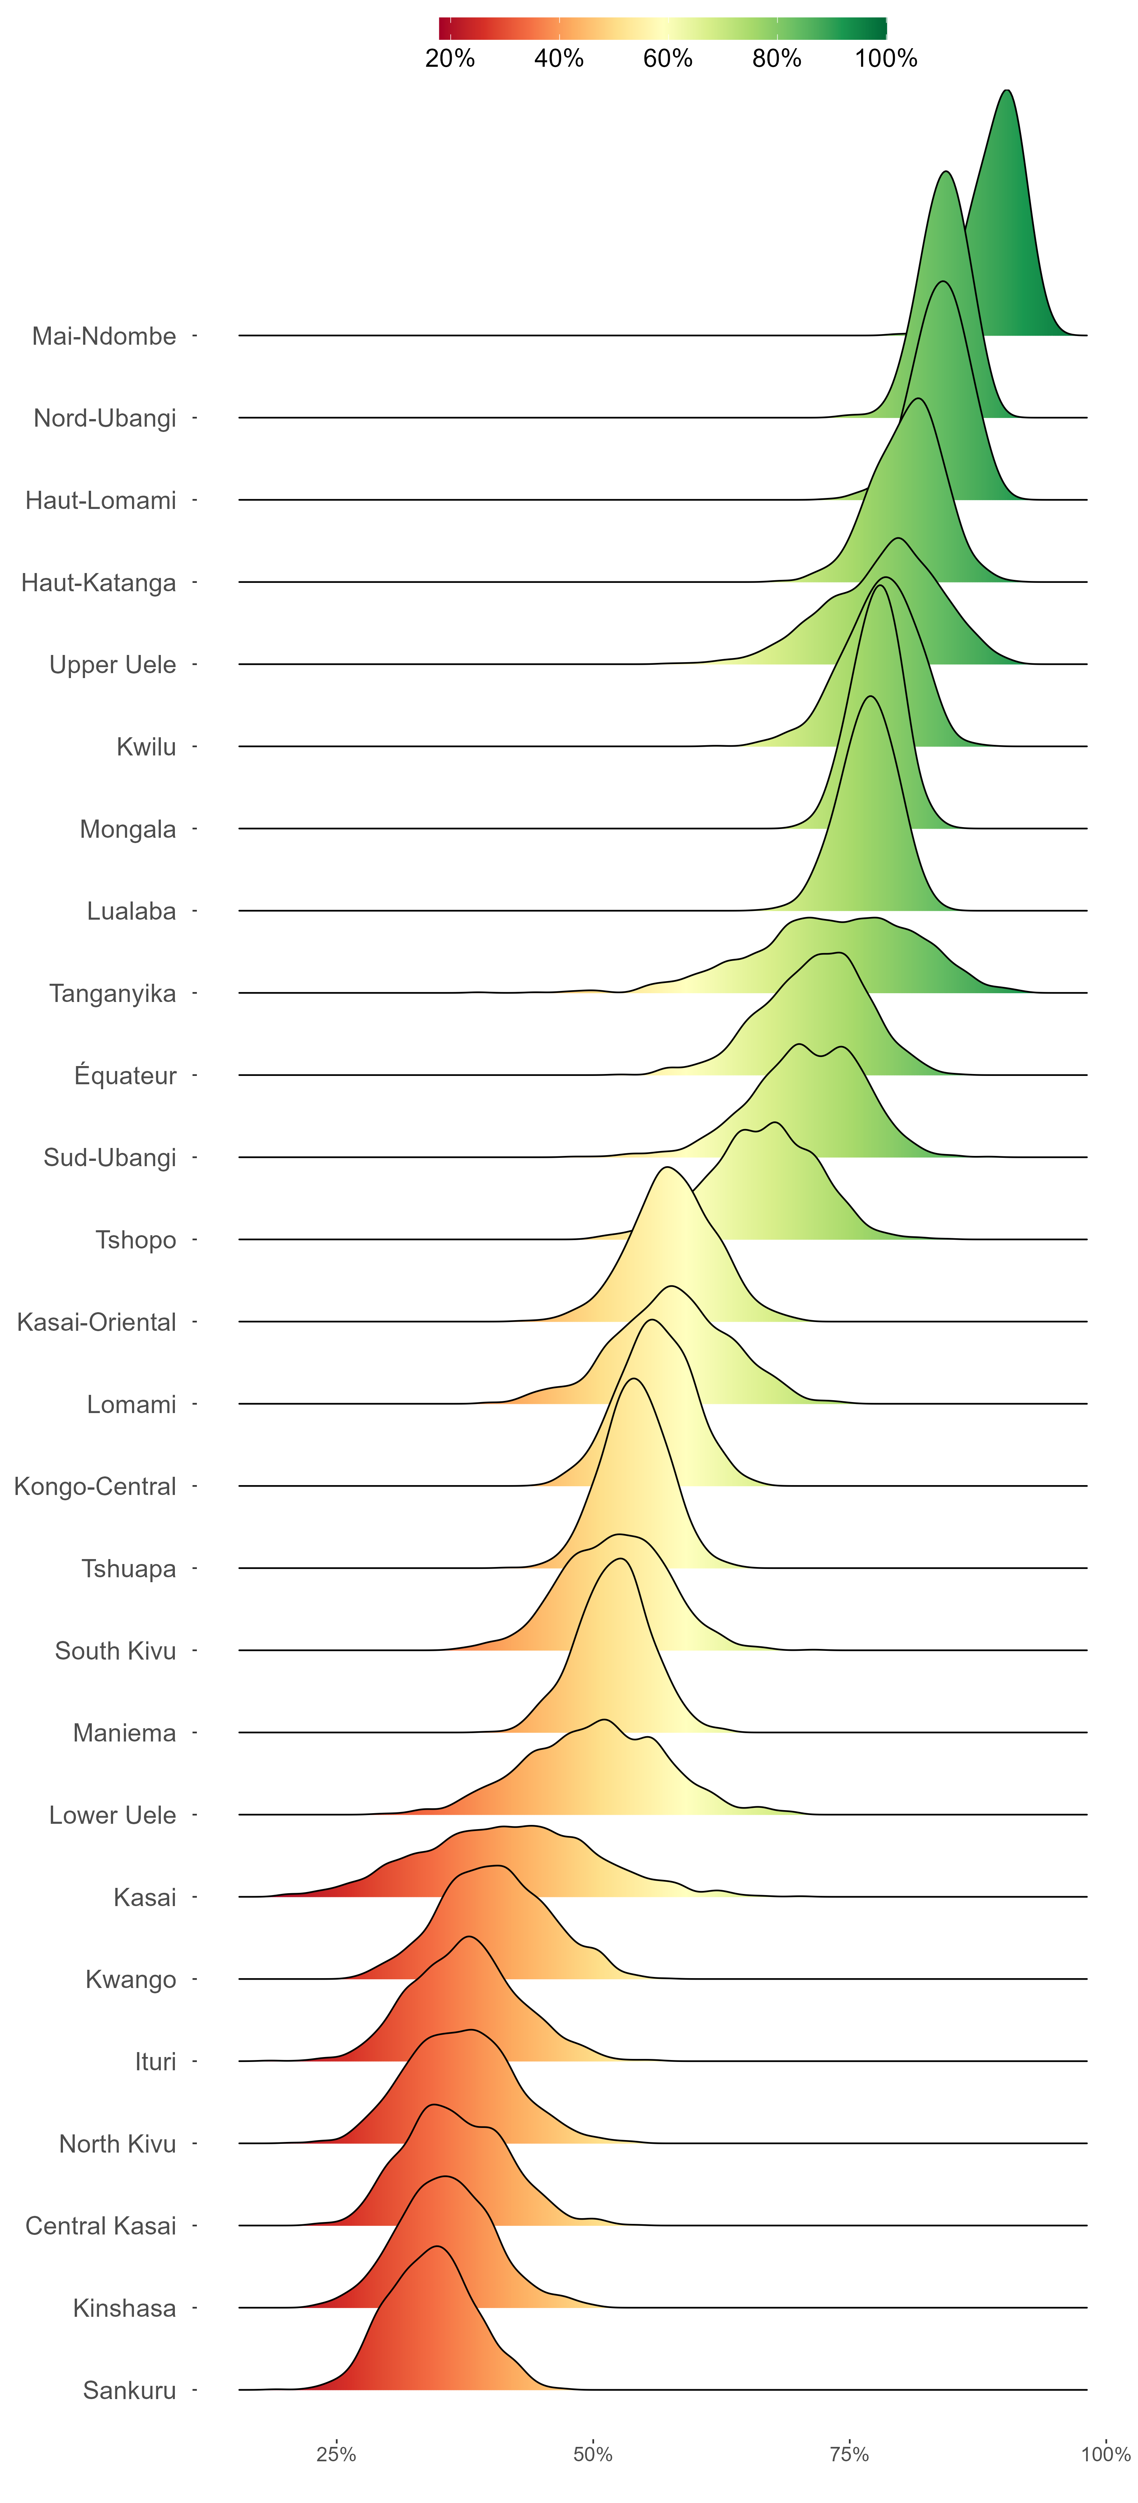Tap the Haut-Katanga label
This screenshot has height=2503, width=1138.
(99, 582)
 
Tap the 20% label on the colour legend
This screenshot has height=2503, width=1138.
(450, 58)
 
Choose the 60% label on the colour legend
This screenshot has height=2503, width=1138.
(668, 58)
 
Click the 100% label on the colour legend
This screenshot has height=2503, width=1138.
(885, 58)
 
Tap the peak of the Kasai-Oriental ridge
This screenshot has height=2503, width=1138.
(666, 1167)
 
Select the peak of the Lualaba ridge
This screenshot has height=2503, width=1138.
(870, 697)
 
